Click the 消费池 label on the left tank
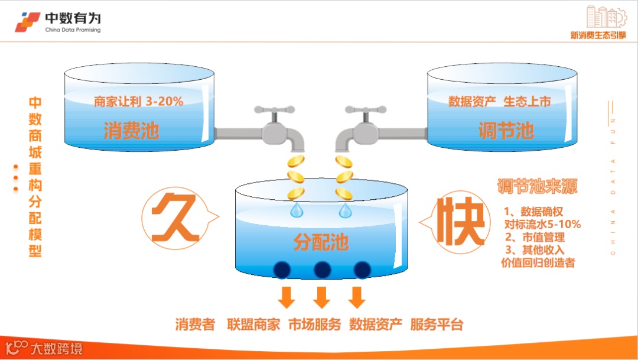(x=131, y=131)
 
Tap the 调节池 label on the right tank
(x=506, y=131)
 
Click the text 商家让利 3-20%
(x=139, y=102)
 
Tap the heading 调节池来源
(x=537, y=187)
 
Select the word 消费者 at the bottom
(x=195, y=325)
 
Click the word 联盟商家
(x=253, y=325)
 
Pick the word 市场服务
(x=314, y=325)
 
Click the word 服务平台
(x=437, y=325)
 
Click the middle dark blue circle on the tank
(x=322, y=270)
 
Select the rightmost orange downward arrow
(x=356, y=297)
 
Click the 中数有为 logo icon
(x=28, y=22)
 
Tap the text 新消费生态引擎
(x=598, y=35)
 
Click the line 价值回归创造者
(x=538, y=263)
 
